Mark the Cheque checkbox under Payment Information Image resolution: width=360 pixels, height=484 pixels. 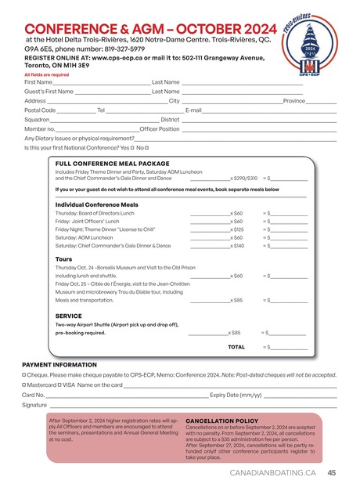[x=25, y=374]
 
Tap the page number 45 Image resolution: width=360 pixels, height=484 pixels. [x=332, y=472]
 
